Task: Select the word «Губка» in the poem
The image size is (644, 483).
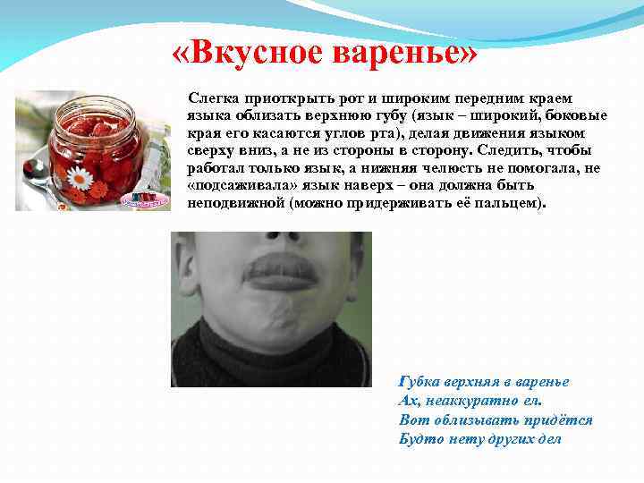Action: (x=420, y=382)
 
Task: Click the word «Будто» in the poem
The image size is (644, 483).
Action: (x=419, y=439)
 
